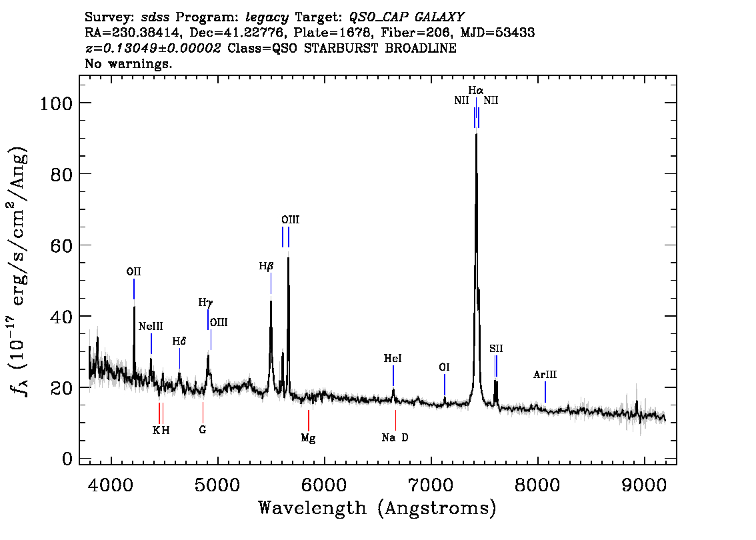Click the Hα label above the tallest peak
(x=475, y=90)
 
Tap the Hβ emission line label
(x=267, y=266)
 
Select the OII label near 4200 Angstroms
(x=133, y=271)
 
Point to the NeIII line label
(x=151, y=327)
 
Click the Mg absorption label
(x=308, y=438)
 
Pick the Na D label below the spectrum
(x=395, y=437)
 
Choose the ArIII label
(x=545, y=375)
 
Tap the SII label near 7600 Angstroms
(x=496, y=349)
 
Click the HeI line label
(x=393, y=359)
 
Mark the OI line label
(x=444, y=367)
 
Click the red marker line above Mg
(x=309, y=420)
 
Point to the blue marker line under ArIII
(x=545, y=391)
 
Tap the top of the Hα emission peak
(x=476, y=135)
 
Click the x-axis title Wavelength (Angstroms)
(x=377, y=509)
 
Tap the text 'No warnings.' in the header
(x=129, y=64)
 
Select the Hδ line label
(x=179, y=341)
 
